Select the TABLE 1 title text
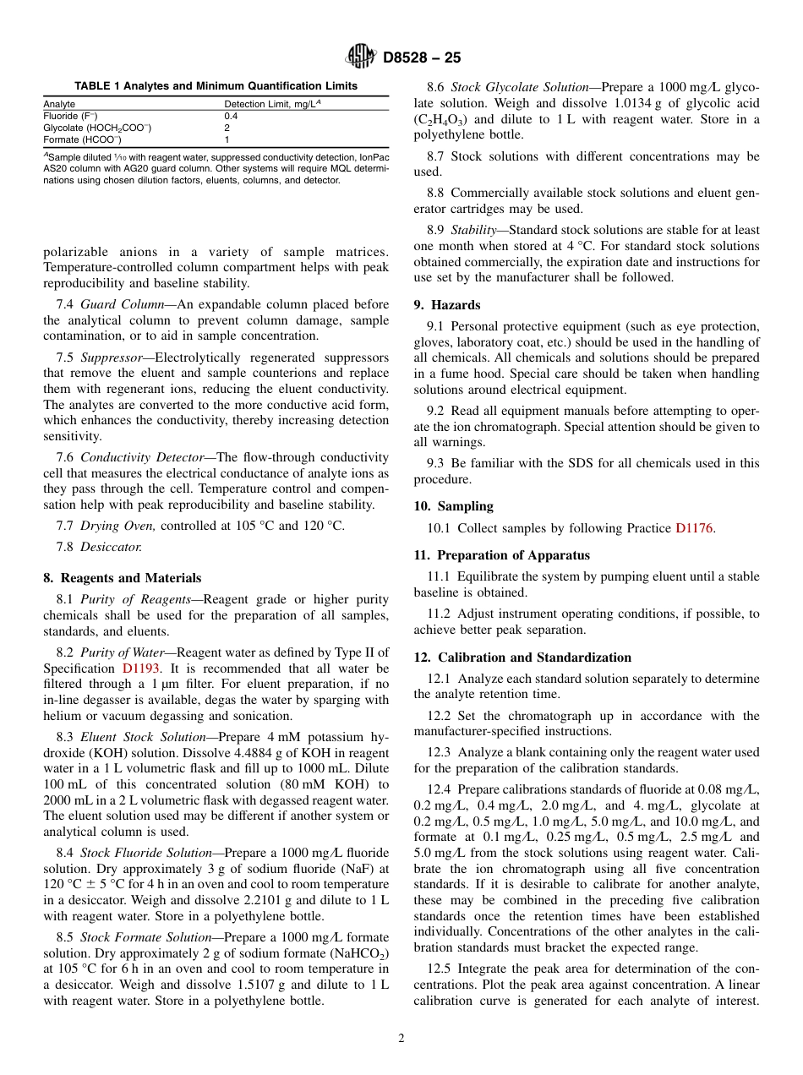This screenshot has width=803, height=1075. (216, 86)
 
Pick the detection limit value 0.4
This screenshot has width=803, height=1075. (231, 116)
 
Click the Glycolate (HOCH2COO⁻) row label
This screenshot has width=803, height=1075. (97, 128)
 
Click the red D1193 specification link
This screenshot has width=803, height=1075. (140, 668)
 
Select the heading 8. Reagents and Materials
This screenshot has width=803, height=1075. (123, 578)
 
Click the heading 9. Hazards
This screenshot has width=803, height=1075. (447, 305)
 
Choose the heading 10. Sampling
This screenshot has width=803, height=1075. (453, 506)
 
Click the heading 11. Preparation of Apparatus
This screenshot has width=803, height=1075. (502, 555)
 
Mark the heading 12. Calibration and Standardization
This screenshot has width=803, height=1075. (522, 657)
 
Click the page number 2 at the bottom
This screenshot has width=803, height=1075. (401, 1039)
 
